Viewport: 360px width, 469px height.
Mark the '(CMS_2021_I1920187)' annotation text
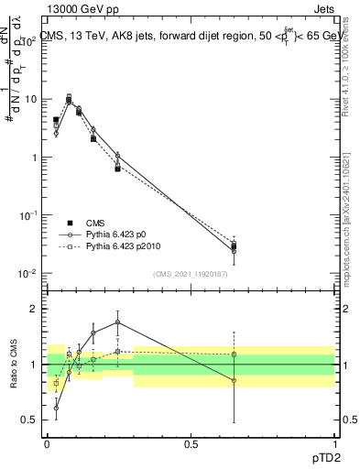191,274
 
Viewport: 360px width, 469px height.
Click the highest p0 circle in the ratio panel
118,322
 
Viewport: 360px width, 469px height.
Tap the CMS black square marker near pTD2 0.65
234,245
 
